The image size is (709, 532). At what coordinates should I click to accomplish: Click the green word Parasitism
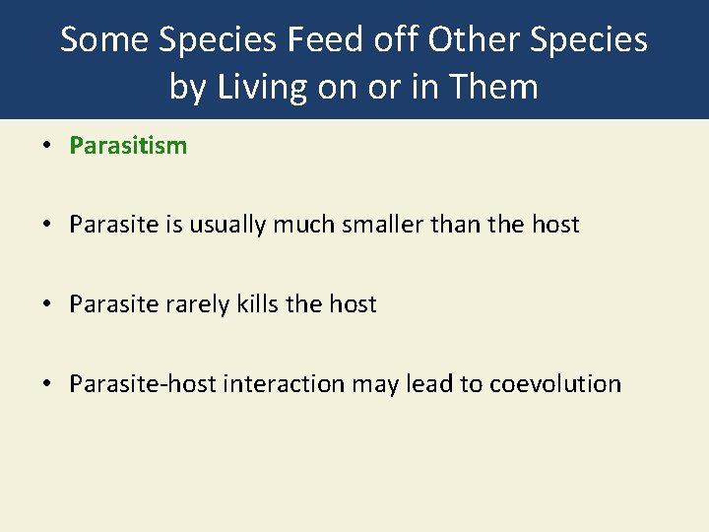pos(128,146)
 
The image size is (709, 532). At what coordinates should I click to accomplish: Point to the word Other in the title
pos(470,39)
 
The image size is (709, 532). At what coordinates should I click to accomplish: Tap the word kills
pos(256,303)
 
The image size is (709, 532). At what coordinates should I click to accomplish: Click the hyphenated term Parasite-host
pos(143,383)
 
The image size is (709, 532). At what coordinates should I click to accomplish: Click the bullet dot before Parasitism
pos(46,147)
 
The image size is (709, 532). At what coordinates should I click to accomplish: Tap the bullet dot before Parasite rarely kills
pos(46,304)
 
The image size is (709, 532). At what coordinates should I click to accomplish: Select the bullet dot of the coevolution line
pos(46,383)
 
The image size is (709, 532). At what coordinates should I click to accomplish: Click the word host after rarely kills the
pos(352,303)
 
